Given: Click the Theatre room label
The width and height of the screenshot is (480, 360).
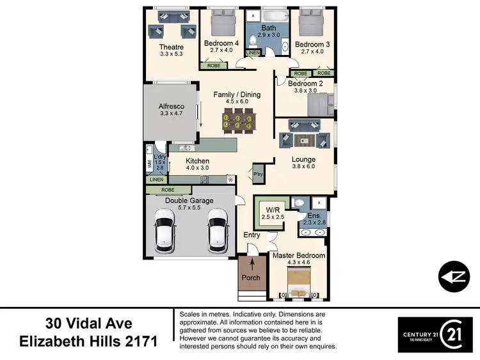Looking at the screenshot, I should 172,47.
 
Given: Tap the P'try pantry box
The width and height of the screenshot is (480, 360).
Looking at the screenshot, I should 259,173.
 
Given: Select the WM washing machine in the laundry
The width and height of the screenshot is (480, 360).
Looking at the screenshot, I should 150,164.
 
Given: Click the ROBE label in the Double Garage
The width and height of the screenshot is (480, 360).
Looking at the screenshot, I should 168,190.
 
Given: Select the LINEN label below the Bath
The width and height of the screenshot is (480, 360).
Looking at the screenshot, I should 253,52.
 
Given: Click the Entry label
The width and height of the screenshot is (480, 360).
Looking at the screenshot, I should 252,235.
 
